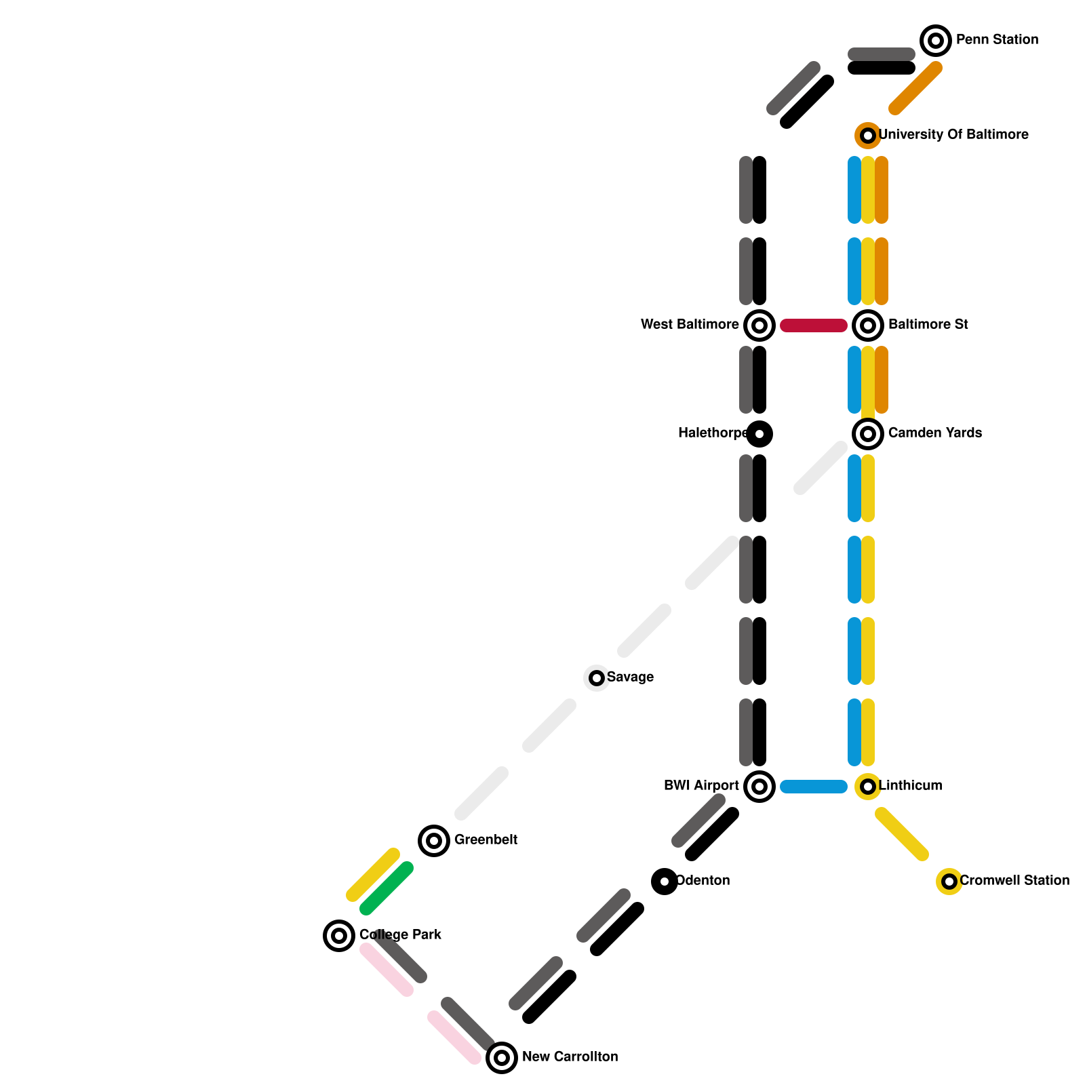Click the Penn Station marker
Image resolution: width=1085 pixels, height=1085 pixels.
point(936,41)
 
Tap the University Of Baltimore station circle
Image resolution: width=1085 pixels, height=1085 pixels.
point(868,136)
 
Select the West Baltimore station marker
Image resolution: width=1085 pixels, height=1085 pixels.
point(759,325)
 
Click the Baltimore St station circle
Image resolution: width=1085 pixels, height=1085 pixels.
point(868,325)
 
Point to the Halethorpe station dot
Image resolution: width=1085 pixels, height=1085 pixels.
point(759,434)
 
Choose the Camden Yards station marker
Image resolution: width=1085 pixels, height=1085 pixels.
point(868,434)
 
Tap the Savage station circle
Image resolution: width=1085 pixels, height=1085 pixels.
point(597,678)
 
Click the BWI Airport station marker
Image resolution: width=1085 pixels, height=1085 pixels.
point(759,787)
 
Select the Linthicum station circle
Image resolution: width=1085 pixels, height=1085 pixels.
point(868,787)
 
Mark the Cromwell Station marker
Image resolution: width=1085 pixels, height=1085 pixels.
point(949,882)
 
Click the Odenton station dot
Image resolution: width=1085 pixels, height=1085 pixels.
point(665,882)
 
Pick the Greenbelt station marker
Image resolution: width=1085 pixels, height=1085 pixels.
point(434,841)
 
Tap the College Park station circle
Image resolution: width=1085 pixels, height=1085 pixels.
point(339,936)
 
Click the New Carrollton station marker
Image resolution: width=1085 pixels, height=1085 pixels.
point(502,1058)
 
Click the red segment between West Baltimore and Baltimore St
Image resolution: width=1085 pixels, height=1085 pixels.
point(814,325)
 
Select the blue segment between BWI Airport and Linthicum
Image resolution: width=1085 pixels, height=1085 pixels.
point(814,787)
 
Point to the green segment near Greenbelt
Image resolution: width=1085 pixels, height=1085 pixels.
point(387,888)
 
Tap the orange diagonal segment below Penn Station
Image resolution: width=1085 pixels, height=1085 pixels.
point(915,88)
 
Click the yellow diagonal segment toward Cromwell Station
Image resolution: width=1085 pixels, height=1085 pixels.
point(902,834)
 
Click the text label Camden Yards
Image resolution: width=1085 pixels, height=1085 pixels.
point(934,433)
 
